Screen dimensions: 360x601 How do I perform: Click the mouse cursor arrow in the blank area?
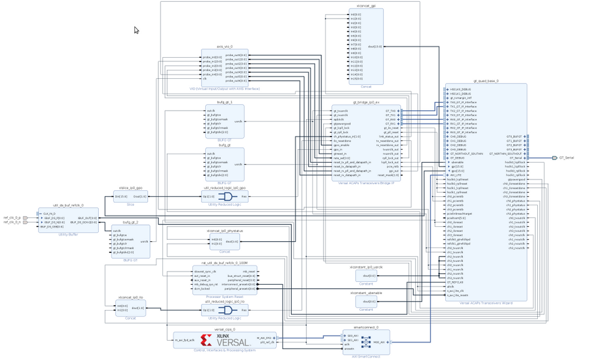pos(137,30)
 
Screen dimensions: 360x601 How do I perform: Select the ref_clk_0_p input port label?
pos(12,217)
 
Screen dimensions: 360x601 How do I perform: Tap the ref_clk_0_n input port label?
pos(12,222)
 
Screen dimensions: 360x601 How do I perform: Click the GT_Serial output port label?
pos(566,158)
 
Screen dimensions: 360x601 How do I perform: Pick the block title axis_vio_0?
pos(224,46)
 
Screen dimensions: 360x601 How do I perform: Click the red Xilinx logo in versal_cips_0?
pos(206,340)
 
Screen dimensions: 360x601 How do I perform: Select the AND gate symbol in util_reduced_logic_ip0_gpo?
pos(225,196)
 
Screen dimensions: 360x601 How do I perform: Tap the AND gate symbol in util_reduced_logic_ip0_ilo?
pos(225,310)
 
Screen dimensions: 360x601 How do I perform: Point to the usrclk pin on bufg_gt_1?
pos(238,121)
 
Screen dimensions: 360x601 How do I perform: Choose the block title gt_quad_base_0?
pos(485,81)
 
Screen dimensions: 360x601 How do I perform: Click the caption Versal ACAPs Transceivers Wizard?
pos(485,303)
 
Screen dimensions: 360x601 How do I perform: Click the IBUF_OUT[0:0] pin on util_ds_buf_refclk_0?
pos(87,217)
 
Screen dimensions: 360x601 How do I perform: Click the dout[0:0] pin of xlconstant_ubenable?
pos(370,302)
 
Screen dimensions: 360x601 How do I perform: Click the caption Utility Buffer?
pos(68,235)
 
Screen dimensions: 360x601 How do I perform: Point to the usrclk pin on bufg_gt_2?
pos(144,241)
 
